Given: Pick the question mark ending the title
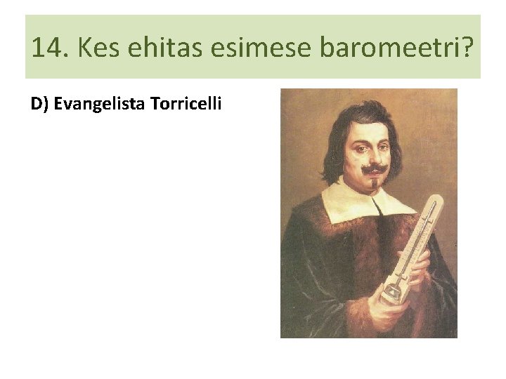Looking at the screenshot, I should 466,48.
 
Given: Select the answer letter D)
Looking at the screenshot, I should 39,105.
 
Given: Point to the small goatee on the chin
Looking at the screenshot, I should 373,184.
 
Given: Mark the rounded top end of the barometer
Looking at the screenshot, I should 438,202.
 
